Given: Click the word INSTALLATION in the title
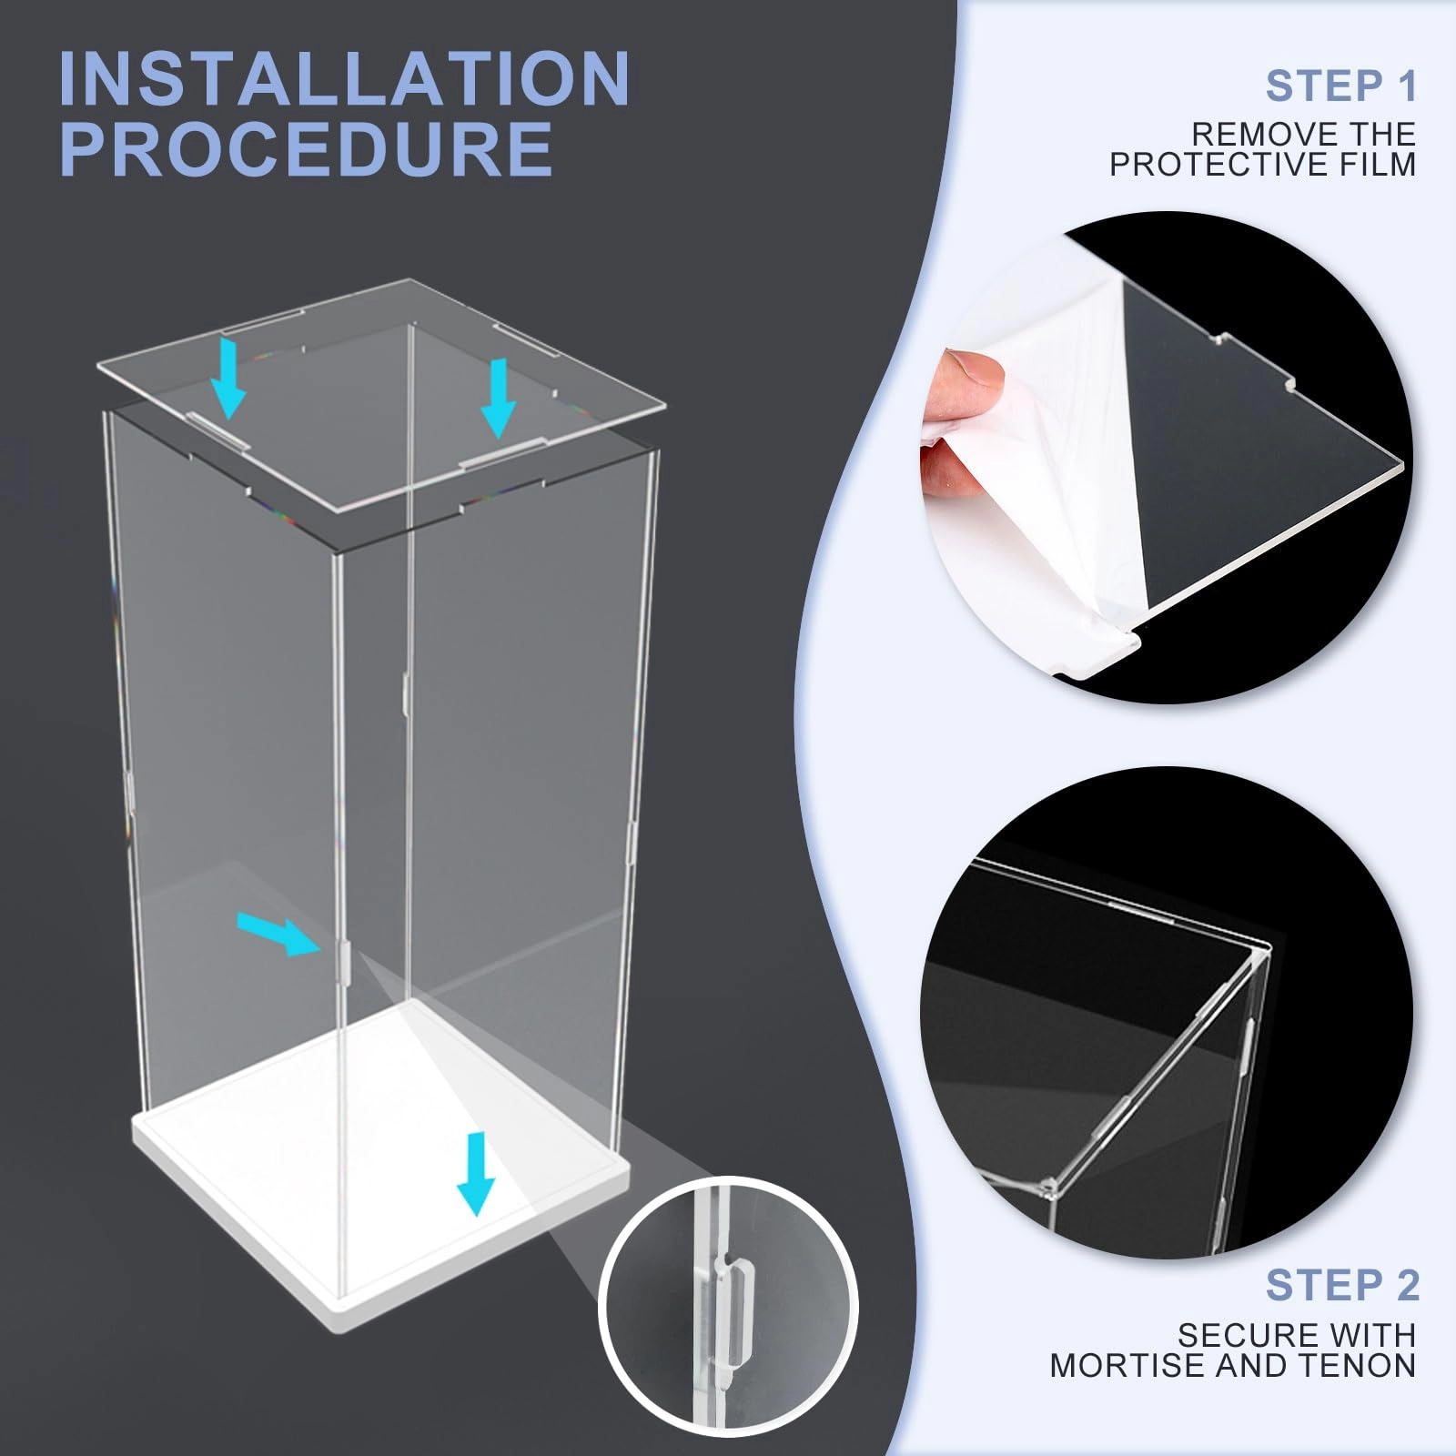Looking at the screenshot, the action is [x=344, y=79].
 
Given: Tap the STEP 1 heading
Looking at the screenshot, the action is [x=1341, y=86].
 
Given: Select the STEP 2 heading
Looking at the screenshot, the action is [x=1342, y=1285].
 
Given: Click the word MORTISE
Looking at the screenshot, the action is [x=1127, y=1365].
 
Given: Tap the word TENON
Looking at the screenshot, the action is [x=1360, y=1365].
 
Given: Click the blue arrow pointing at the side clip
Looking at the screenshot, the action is [x=279, y=935].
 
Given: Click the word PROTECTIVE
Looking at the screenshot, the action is [x=1214, y=165].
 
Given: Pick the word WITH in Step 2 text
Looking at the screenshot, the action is [x=1366, y=1335].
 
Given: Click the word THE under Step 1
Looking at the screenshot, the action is [x=1373, y=135].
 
